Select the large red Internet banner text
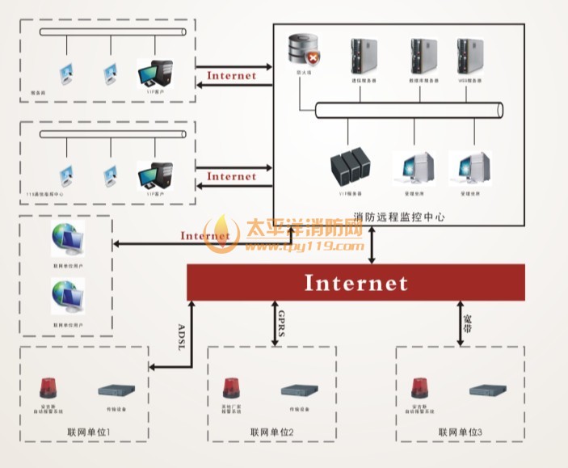pyautogui.click(x=356, y=283)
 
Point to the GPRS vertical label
pyautogui.click(x=280, y=323)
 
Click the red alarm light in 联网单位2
pyautogui.click(x=234, y=389)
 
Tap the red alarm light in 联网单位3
pyautogui.click(x=419, y=389)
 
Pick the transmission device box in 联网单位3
pyautogui.click(x=489, y=390)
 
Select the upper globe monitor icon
pyautogui.click(x=66, y=239)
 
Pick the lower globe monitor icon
pyautogui.click(x=66, y=294)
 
